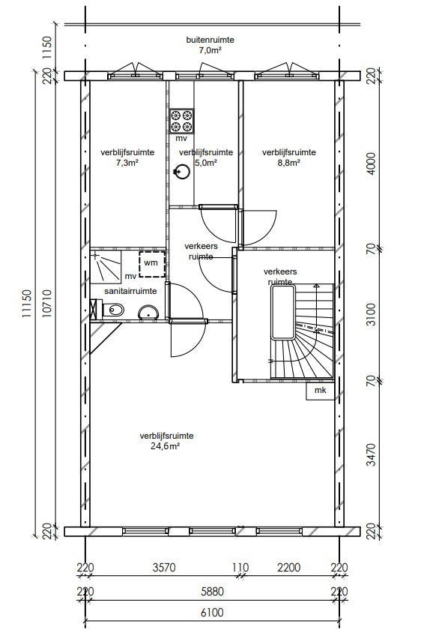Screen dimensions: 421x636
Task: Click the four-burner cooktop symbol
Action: tap(181, 121)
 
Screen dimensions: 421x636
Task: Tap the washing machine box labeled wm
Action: tap(152, 264)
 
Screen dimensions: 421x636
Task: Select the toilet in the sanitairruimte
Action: tap(113, 310)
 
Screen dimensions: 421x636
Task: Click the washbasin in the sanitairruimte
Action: tap(148, 313)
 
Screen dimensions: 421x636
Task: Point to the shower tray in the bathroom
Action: tap(106, 266)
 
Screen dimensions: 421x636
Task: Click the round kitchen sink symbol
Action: tap(182, 172)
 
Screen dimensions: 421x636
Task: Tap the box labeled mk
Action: tap(320, 391)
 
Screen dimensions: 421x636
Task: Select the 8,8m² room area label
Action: tap(289, 163)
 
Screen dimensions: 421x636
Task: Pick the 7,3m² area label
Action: tap(127, 163)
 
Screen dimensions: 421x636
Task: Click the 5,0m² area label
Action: tap(205, 163)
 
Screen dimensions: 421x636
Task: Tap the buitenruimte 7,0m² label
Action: tap(210, 45)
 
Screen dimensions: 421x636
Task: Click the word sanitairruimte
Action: tap(130, 291)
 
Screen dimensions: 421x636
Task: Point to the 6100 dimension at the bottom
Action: tap(212, 612)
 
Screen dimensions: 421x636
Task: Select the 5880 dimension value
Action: tap(212, 592)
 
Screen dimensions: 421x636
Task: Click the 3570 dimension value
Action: tap(164, 567)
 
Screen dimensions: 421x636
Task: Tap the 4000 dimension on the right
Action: tap(370, 163)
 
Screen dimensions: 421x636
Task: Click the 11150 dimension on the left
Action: tap(27, 303)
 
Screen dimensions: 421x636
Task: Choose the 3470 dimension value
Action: tap(370, 454)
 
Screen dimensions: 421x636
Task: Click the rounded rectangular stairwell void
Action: tap(283, 312)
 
